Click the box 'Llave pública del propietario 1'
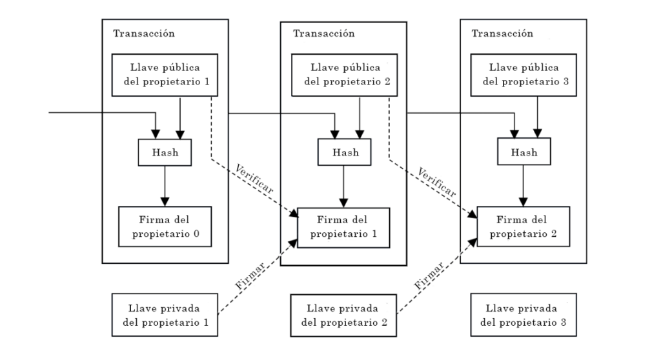pyautogui.click(x=165, y=75)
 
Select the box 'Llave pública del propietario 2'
pyautogui.click(x=345, y=75)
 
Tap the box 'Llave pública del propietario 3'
pyautogui.click(x=524, y=75)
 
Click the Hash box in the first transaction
pyautogui.click(x=165, y=152)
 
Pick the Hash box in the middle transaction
pyautogui.click(x=345, y=152)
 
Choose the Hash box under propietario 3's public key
pyautogui.click(x=524, y=152)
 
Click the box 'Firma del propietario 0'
pyautogui.click(x=165, y=226)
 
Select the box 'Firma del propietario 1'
pyautogui.click(x=343, y=228)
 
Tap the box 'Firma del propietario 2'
pyautogui.click(x=523, y=226)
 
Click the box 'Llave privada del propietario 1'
pyautogui.click(x=165, y=315)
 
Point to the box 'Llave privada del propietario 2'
pyautogui.click(x=343, y=315)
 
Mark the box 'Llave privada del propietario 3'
pyautogui.click(x=524, y=315)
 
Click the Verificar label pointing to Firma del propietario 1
pyautogui.click(x=254, y=179)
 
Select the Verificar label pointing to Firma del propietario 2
pyautogui.click(x=437, y=183)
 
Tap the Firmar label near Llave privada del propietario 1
pyautogui.click(x=250, y=275)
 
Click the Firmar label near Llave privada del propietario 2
pyautogui.click(x=429, y=275)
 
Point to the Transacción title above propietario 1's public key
pyautogui.click(x=144, y=34)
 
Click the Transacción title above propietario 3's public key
pyautogui.click(x=502, y=34)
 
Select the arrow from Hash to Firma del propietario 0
pyautogui.click(x=165, y=186)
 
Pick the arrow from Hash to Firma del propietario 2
pyautogui.click(x=523, y=185)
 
